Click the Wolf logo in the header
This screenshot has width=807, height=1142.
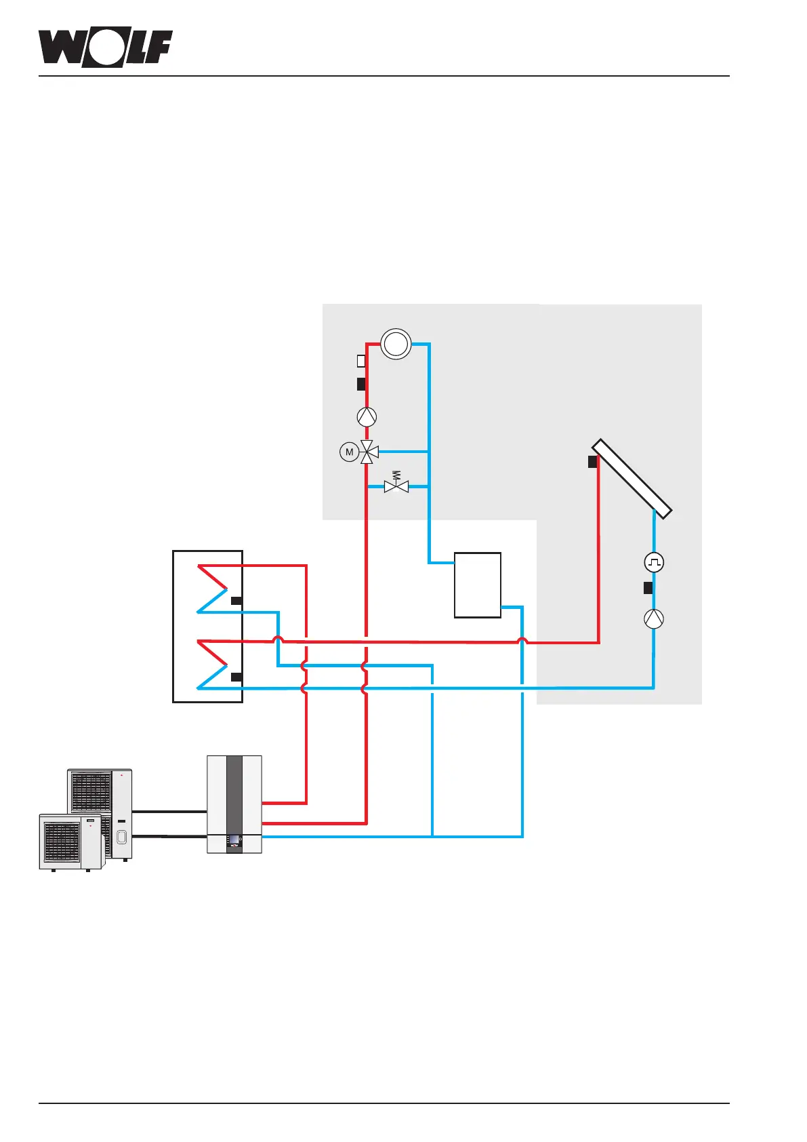(105, 48)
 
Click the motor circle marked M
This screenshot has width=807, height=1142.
(349, 452)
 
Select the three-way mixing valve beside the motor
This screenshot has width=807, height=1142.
(367, 452)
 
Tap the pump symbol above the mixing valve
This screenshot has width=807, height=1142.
(367, 416)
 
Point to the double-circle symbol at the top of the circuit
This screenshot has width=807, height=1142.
(396, 344)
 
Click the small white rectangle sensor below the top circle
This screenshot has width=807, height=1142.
(361, 361)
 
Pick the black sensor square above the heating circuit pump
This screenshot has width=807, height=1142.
(361, 384)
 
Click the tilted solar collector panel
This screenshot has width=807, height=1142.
(632, 477)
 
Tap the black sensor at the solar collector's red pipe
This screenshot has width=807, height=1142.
(592, 462)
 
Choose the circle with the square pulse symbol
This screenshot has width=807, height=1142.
(654, 562)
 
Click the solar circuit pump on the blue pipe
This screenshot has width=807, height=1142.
(654, 618)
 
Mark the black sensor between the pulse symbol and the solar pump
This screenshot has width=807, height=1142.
(648, 588)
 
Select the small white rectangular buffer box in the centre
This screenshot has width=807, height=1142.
(478, 585)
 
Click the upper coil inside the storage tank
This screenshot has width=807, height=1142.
(213, 589)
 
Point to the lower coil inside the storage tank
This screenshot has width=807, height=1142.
(213, 664)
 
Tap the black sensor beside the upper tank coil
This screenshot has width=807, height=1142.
(236, 600)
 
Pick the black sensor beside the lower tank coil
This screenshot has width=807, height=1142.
(236, 677)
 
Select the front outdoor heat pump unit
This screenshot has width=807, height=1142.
(70, 841)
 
